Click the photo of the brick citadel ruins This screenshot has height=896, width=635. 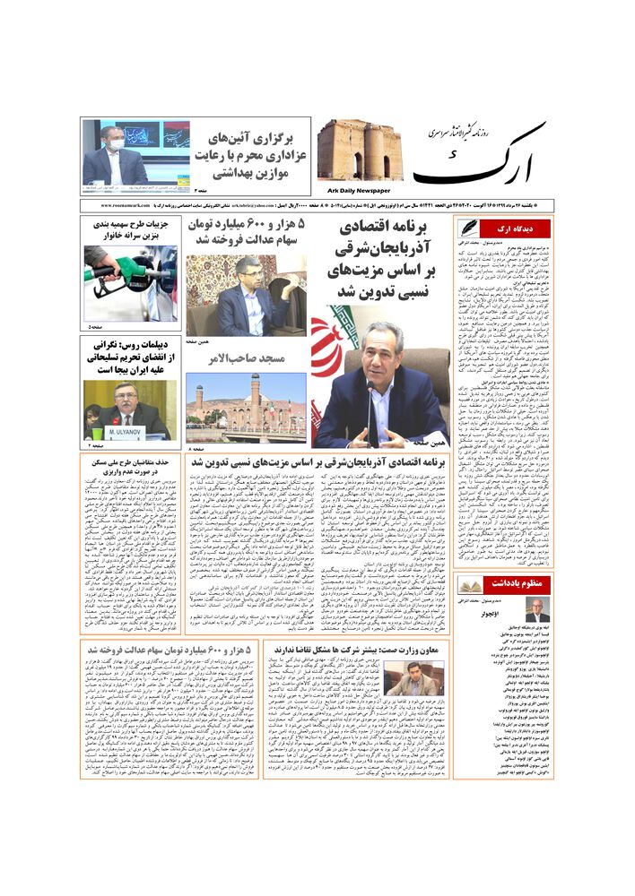tap(358, 150)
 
